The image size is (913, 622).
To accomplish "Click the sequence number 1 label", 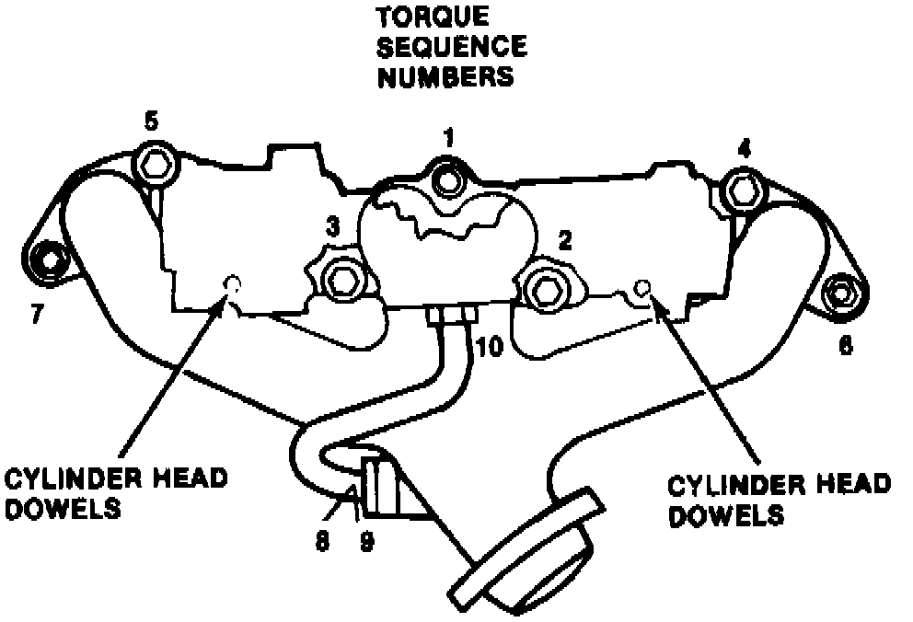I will coord(448,139).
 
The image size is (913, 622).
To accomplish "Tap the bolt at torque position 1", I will coord(448,180).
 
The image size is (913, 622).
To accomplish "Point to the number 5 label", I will coord(152,121).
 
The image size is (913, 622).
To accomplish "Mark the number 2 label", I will coord(565,241).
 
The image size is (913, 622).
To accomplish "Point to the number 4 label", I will coord(745,146).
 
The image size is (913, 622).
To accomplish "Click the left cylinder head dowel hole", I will coord(231,284).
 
